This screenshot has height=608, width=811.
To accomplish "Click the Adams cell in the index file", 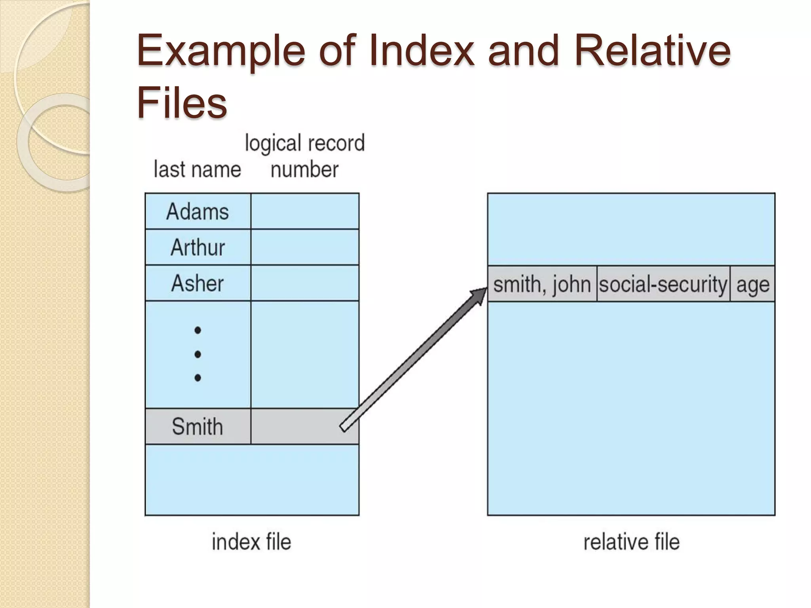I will point(198,211).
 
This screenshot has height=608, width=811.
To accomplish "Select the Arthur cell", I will point(198,247).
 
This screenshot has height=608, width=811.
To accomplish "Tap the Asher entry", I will point(198,283).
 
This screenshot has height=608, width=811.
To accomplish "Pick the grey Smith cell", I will point(198,426).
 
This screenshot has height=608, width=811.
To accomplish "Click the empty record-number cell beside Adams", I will point(305,211).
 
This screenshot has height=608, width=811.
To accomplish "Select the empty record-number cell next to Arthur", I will point(305,247).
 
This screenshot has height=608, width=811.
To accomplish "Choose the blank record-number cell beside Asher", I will point(305,283).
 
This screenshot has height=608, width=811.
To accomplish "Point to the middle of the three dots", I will point(198,354).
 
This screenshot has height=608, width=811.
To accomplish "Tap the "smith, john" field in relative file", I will point(542,284).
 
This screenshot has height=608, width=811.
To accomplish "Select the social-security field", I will point(663,284).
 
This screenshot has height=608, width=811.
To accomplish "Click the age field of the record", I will point(752,284).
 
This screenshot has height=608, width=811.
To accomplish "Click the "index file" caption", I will point(251,542).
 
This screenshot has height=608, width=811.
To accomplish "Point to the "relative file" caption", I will point(631,542).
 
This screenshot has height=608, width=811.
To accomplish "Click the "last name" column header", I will point(197,169).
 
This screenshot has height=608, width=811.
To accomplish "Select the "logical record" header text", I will point(305,143).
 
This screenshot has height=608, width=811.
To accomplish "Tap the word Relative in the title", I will point(652,51).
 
